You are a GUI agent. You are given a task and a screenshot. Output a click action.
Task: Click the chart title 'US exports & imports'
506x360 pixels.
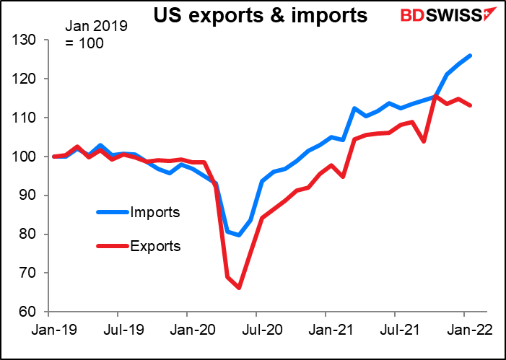coord(260,15)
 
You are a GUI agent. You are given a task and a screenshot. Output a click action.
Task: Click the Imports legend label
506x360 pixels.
coord(155,212)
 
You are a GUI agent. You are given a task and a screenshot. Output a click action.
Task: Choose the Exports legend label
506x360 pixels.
coord(155,247)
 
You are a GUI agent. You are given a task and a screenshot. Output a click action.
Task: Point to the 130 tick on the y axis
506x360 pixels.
coord(25,40)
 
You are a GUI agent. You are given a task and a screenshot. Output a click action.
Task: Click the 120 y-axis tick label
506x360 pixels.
coord(25,79)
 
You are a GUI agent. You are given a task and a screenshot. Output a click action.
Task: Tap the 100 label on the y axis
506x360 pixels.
coord(25,157)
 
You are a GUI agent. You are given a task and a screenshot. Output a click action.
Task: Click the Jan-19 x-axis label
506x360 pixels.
coord(53,330)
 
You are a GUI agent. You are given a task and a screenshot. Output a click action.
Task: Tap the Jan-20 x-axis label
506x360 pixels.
coord(192,330)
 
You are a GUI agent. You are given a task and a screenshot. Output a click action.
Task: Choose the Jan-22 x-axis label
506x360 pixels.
coord(469,330)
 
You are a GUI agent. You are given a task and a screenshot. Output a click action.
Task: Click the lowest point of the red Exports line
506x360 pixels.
coord(239,288)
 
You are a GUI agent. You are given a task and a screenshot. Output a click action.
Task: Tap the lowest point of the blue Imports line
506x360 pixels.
coord(239,235)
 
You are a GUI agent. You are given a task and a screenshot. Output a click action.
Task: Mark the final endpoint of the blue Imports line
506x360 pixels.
coord(470,56)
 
